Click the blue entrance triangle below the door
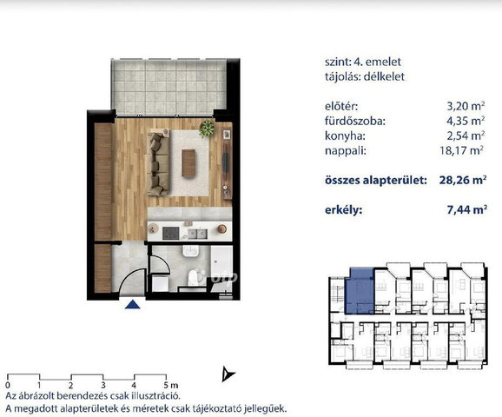click(133, 304)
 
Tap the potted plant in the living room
click(207, 129)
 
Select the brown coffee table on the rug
click(188, 163)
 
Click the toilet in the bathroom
click(193, 277)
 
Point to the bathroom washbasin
click(191, 251)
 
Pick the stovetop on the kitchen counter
click(170, 233)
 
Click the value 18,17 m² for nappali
click(462, 150)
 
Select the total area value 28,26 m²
click(463, 180)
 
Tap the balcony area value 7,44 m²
click(467, 209)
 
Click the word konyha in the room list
click(345, 136)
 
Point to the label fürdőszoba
click(355, 121)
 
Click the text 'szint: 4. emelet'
click(363, 62)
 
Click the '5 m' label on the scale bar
click(171, 385)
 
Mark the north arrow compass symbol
click(228, 374)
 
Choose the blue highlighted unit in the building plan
click(360, 291)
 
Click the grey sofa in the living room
click(158, 162)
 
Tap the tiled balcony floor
click(168, 87)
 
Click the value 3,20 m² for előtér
click(466, 106)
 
